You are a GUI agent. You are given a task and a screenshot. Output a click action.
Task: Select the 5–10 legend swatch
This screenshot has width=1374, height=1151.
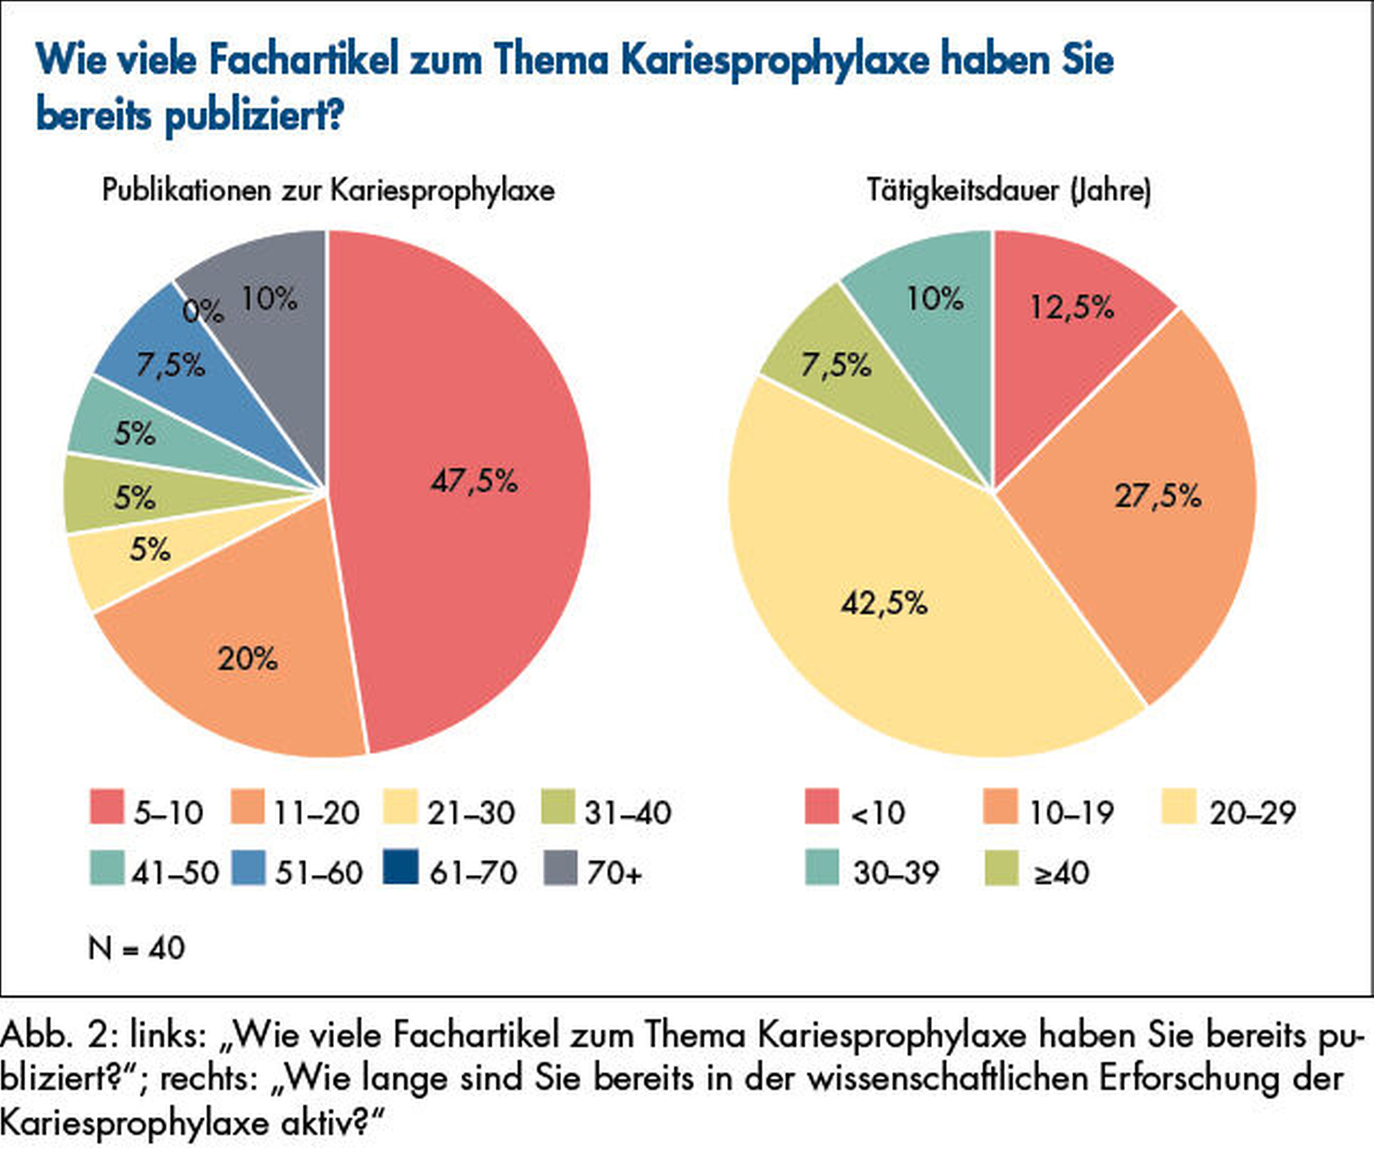click(106, 807)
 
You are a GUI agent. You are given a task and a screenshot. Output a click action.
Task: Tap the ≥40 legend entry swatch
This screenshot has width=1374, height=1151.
click(1001, 868)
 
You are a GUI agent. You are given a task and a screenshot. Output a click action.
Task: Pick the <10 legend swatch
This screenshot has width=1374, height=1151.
click(822, 807)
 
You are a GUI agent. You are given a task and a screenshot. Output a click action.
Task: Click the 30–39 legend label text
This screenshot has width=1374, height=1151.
click(895, 873)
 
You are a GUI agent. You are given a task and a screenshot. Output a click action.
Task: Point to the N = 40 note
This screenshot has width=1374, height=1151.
click(136, 948)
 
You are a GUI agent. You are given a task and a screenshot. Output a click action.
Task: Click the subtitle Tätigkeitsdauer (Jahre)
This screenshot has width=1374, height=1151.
click(1008, 191)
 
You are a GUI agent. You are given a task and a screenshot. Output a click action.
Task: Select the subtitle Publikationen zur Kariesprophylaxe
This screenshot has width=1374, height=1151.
click(328, 191)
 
